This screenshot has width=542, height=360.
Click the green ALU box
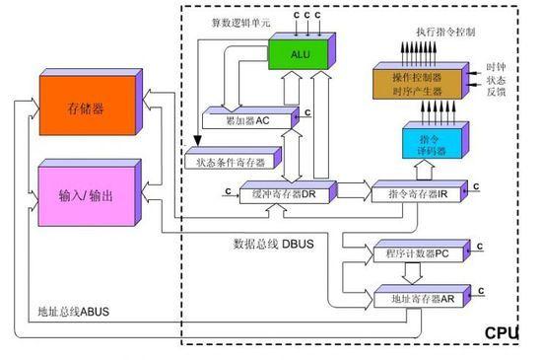pyautogui.click(x=301, y=52)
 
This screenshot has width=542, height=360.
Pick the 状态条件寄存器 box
pyautogui.click(x=231, y=159)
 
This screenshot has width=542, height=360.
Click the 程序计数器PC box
pyautogui.click(x=412, y=254)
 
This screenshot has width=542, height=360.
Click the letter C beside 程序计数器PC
pyautogui.click(x=480, y=245)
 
